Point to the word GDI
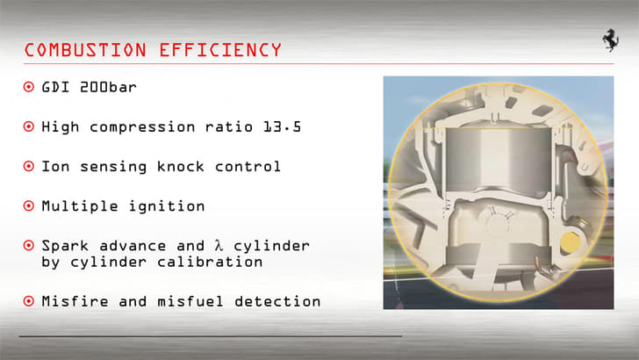55,88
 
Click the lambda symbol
219,245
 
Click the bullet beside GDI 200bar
29,88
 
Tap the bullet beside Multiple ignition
29,206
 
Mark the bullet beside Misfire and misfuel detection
29,301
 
